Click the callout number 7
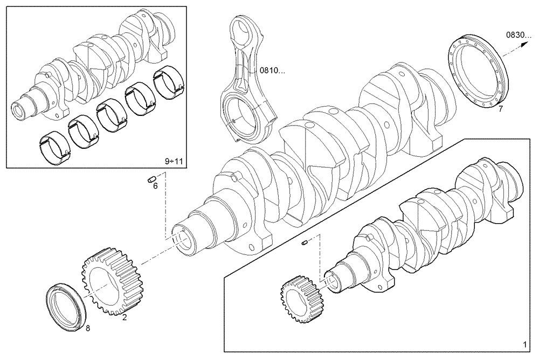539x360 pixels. pos(500,109)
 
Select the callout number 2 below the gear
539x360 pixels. pos(125,317)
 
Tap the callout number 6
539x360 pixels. pos(155,186)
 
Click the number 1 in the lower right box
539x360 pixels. pos(524,344)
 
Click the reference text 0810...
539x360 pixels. pos(272,70)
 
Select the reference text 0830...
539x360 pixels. pos(518,35)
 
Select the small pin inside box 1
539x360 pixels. pos(305,244)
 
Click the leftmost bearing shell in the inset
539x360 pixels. pos(54,146)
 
